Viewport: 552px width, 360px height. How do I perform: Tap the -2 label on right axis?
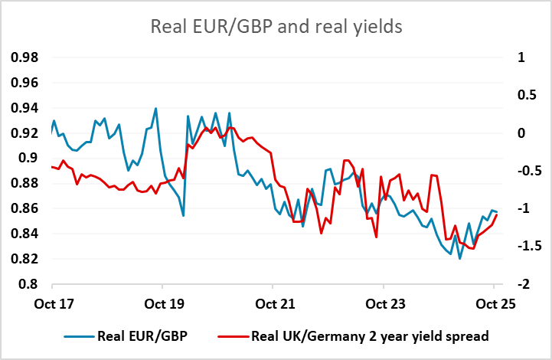coord(521,284)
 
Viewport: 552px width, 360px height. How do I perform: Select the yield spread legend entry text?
coord(367,335)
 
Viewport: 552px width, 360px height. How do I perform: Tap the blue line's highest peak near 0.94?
coord(155,109)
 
